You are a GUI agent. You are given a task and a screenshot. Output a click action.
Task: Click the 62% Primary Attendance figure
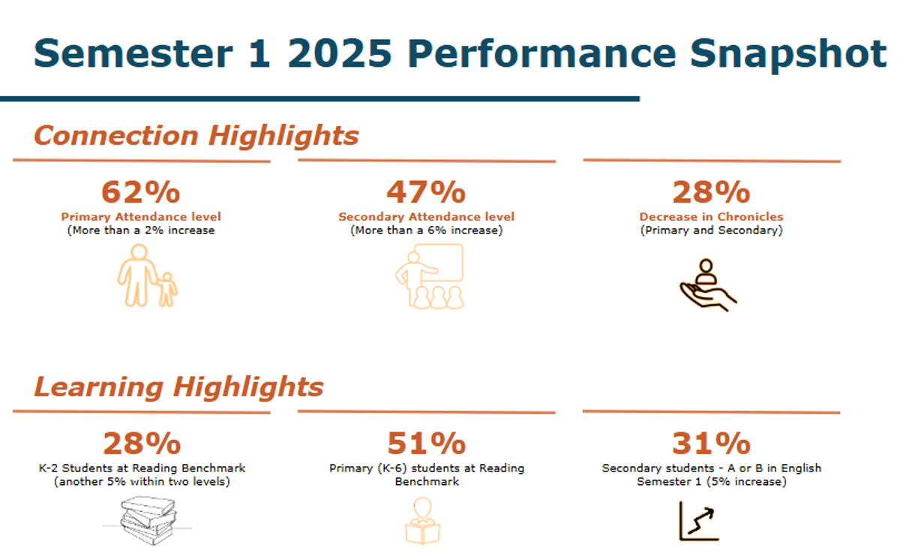point(141,191)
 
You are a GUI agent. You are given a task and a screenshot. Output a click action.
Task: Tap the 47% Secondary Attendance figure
point(426,191)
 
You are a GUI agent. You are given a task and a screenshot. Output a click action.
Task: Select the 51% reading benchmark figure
point(426,443)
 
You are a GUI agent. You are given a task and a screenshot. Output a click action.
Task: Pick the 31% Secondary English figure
point(711,443)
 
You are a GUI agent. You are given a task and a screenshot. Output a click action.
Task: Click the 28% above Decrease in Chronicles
point(711,191)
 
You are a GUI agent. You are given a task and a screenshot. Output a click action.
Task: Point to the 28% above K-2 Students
point(142,443)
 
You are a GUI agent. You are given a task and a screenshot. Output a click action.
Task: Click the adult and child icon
point(147,275)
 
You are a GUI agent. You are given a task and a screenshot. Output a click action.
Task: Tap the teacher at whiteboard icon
point(429,276)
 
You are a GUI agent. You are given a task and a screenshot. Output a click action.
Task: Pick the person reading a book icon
point(422,520)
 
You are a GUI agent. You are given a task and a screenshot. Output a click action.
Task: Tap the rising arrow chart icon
point(699,521)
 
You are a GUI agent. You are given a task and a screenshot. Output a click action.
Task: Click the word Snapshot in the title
point(788,54)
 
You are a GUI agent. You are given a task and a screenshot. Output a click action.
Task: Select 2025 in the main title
point(340,53)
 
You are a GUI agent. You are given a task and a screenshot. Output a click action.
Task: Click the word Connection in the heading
point(116,135)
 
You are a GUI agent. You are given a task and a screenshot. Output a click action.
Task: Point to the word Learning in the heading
point(99,387)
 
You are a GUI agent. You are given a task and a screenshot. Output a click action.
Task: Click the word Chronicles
point(750,217)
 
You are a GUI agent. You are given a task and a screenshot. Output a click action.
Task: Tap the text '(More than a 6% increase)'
point(426,230)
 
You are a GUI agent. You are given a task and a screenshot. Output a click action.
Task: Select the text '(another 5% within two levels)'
point(142,482)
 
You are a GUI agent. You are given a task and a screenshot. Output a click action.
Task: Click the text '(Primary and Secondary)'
point(711,230)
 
